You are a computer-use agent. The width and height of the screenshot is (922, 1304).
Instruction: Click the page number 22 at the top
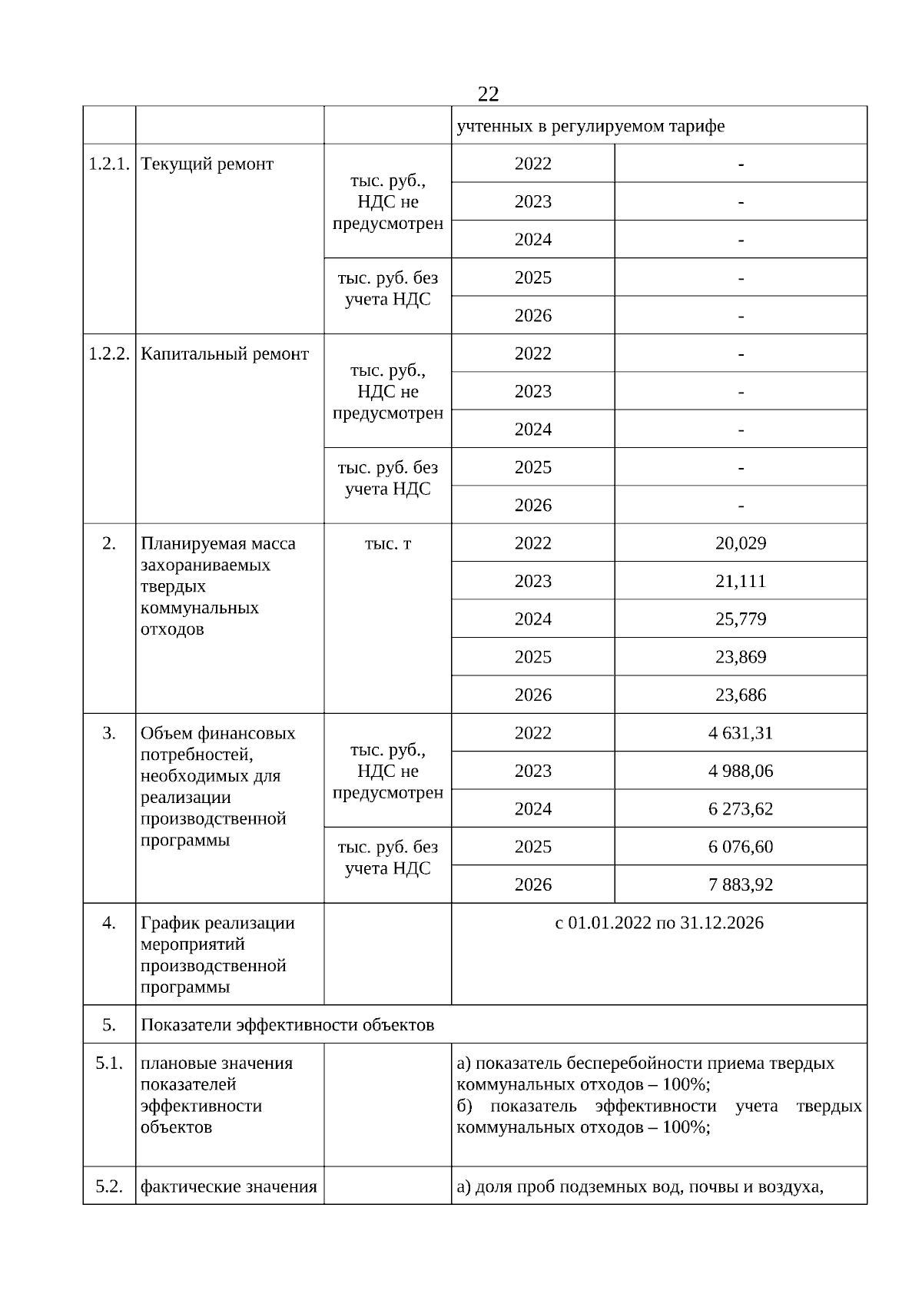(x=488, y=94)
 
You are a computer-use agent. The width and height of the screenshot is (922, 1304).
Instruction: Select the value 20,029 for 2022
(x=741, y=543)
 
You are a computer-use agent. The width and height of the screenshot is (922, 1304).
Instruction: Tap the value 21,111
(x=741, y=581)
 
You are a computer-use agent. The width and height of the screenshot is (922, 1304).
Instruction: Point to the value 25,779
(x=741, y=619)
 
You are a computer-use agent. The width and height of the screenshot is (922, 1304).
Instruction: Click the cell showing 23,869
(x=741, y=657)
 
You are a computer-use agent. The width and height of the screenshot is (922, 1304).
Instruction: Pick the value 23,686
(x=741, y=695)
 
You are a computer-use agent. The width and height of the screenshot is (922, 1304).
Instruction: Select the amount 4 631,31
(x=741, y=733)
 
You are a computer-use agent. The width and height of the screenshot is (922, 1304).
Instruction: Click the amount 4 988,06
(x=741, y=771)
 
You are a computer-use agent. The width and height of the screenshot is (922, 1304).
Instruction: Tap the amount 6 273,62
(x=741, y=808)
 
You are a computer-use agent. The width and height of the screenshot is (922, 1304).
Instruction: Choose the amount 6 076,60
(x=741, y=847)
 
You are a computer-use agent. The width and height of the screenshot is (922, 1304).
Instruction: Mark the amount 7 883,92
(x=741, y=884)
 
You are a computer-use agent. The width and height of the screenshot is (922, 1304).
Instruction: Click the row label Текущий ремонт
(x=207, y=164)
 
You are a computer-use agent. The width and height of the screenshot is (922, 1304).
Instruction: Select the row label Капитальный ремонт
(x=224, y=354)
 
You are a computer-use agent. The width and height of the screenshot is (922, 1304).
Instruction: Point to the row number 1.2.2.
(x=109, y=354)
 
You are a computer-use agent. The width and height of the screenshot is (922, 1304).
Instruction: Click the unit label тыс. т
(x=388, y=543)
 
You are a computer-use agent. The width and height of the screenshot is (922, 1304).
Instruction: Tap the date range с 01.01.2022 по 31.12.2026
(x=659, y=923)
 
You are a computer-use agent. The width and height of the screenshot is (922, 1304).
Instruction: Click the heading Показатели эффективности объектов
(x=287, y=1025)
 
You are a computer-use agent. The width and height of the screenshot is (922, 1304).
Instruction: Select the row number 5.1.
(x=109, y=1063)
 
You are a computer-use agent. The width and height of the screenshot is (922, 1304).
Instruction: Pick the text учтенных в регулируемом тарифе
(x=591, y=126)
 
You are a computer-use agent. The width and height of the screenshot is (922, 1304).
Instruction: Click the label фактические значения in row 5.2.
(x=229, y=1186)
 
